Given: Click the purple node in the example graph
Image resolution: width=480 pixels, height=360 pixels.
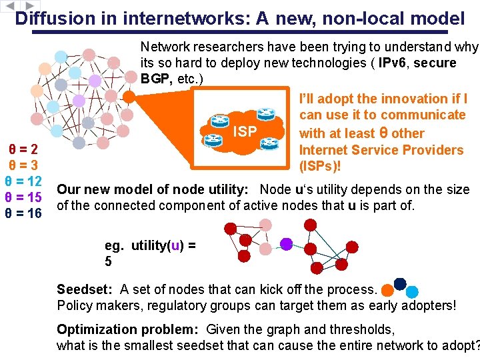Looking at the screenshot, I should click(286, 245).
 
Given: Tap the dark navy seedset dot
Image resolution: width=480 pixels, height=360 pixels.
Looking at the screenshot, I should click(400, 285).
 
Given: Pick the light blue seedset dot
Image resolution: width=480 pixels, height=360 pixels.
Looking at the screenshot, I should click(412, 291).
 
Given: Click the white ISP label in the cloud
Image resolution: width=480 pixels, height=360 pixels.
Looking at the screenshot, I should click(245, 132).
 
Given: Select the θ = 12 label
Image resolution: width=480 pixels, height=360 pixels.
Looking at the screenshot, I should click(23, 181).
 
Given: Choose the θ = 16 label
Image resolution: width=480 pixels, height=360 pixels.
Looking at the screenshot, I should click(23, 213).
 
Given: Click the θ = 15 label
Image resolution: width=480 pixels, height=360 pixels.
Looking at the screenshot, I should click(23, 197).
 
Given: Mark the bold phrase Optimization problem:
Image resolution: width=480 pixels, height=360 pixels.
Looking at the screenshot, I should click(127, 329).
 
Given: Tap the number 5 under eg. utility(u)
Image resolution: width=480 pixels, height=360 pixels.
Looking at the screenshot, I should click(109, 262).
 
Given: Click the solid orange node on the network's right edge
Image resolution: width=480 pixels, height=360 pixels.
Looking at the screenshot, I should click(129, 97).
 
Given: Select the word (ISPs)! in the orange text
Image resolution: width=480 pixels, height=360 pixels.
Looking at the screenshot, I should click(323, 165).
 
